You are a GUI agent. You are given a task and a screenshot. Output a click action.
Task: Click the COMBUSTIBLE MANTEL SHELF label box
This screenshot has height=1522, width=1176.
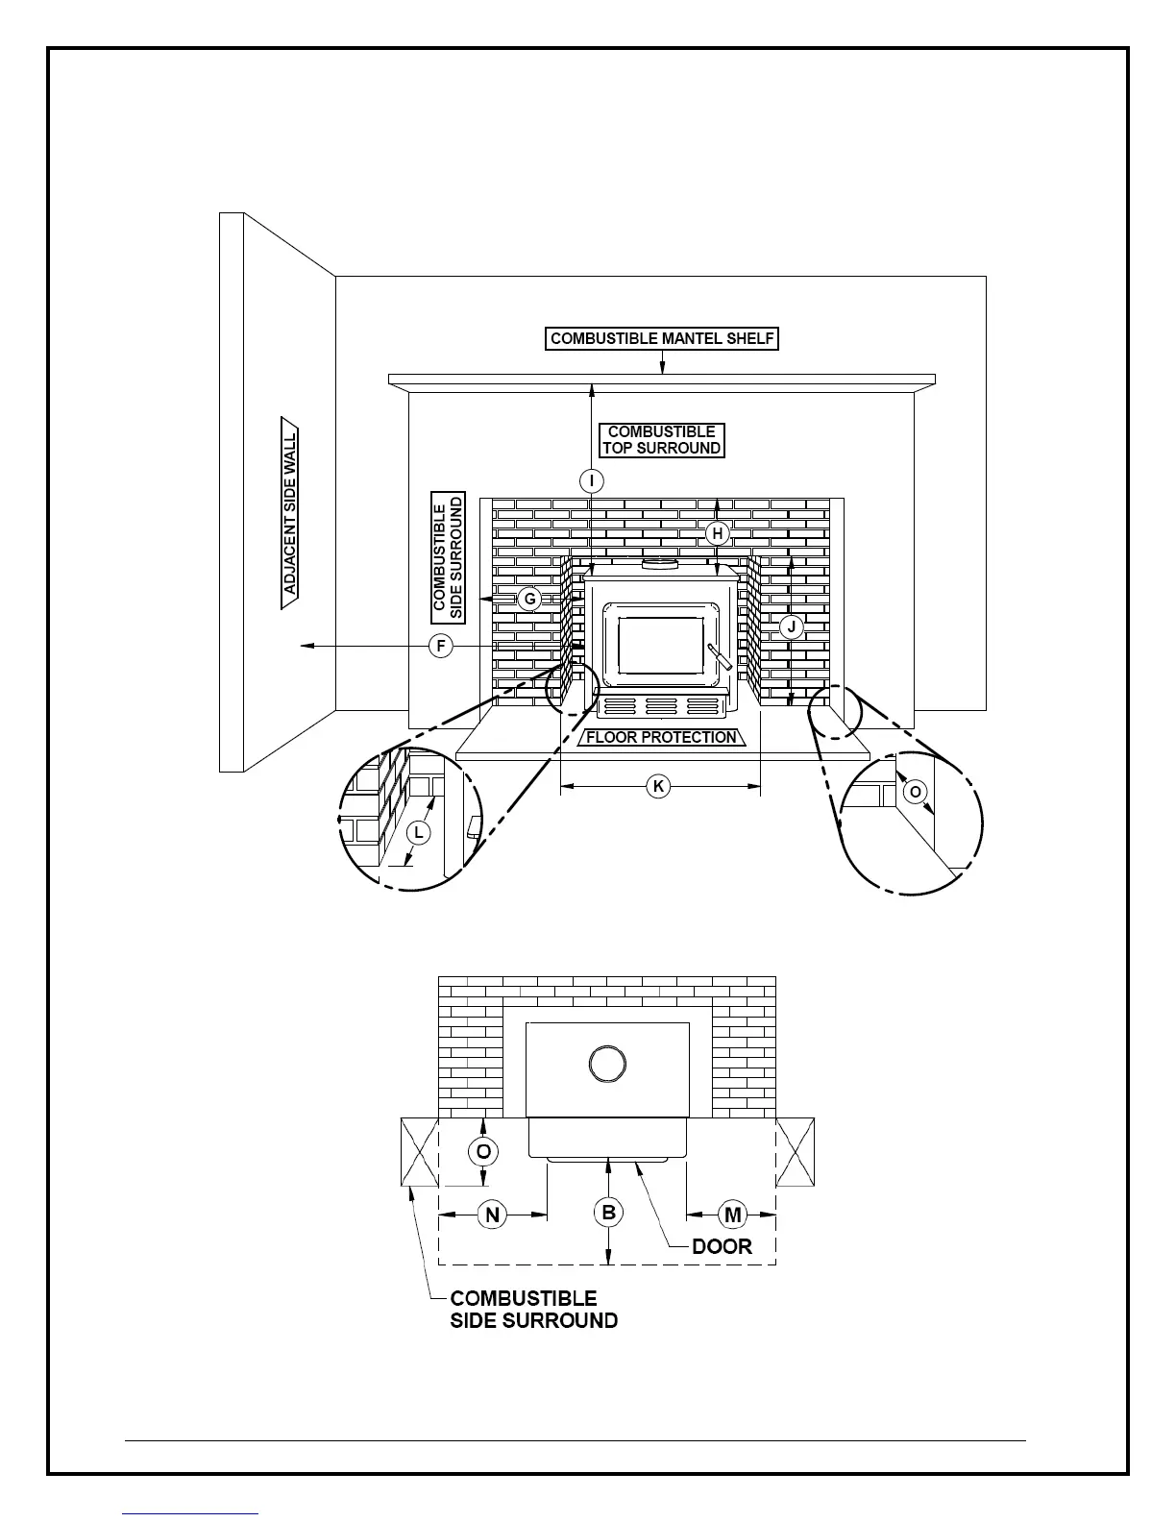[662, 338]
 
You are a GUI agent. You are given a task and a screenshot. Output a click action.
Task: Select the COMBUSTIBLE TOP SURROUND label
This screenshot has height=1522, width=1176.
[662, 440]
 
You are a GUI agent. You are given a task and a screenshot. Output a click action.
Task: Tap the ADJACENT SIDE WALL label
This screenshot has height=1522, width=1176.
[290, 513]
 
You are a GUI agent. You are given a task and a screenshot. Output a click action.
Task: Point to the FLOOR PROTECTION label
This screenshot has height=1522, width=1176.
[662, 737]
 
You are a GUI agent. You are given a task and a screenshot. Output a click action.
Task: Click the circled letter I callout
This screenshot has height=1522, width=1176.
[592, 480]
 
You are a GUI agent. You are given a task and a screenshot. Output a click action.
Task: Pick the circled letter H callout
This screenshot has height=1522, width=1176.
[718, 533]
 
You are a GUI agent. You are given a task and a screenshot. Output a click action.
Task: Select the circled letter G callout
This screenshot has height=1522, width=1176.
[529, 599]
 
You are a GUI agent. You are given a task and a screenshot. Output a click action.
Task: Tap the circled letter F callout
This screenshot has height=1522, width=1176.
[440, 646]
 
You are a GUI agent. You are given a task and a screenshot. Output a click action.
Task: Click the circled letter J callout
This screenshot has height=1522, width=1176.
[791, 627]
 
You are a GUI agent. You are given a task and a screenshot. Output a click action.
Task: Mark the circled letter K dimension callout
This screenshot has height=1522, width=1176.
[658, 787]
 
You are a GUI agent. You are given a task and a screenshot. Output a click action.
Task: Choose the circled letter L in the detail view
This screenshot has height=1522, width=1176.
[418, 832]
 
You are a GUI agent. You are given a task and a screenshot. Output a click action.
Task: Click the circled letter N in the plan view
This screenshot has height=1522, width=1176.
[493, 1215]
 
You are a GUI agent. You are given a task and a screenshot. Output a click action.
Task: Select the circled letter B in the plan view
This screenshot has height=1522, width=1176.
[608, 1213]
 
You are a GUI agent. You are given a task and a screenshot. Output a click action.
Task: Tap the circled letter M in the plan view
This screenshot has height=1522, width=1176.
[733, 1215]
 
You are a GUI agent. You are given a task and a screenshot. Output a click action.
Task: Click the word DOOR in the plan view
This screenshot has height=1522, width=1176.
[722, 1246]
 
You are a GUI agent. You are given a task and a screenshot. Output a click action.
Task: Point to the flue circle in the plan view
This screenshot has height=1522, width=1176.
[607, 1063]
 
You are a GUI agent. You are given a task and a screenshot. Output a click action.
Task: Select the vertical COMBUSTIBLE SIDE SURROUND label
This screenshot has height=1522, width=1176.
[449, 556]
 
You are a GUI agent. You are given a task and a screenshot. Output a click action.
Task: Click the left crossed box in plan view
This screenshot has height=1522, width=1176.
[419, 1152]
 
